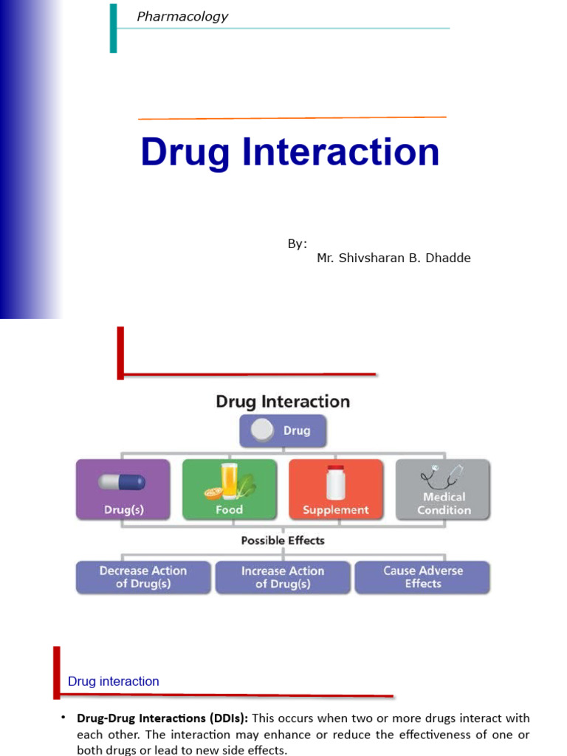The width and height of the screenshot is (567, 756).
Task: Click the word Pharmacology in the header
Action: click(x=182, y=16)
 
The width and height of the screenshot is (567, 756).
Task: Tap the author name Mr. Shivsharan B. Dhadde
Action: click(x=394, y=258)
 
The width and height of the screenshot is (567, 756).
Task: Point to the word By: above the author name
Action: click(x=298, y=244)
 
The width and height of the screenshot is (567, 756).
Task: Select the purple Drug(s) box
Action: click(x=123, y=489)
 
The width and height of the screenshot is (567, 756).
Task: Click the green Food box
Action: click(x=230, y=489)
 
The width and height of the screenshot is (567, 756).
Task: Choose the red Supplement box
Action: click(x=336, y=489)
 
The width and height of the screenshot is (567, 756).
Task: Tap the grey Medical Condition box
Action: click(x=443, y=489)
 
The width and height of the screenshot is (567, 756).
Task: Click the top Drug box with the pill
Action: click(x=283, y=430)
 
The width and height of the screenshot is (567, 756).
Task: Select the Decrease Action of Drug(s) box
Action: click(x=143, y=577)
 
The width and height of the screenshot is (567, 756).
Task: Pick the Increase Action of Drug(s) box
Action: click(x=283, y=577)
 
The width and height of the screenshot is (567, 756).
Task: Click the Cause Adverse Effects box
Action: click(x=422, y=577)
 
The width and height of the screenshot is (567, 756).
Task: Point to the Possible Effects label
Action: click(x=283, y=540)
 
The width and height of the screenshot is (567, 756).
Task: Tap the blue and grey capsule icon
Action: click(x=123, y=482)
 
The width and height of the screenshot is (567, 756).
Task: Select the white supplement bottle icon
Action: click(x=336, y=482)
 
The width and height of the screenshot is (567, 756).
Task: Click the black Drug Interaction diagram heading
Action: click(x=283, y=402)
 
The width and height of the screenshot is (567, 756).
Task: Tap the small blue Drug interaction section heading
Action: click(x=114, y=681)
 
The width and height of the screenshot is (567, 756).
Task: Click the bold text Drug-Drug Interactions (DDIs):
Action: click(x=162, y=718)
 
